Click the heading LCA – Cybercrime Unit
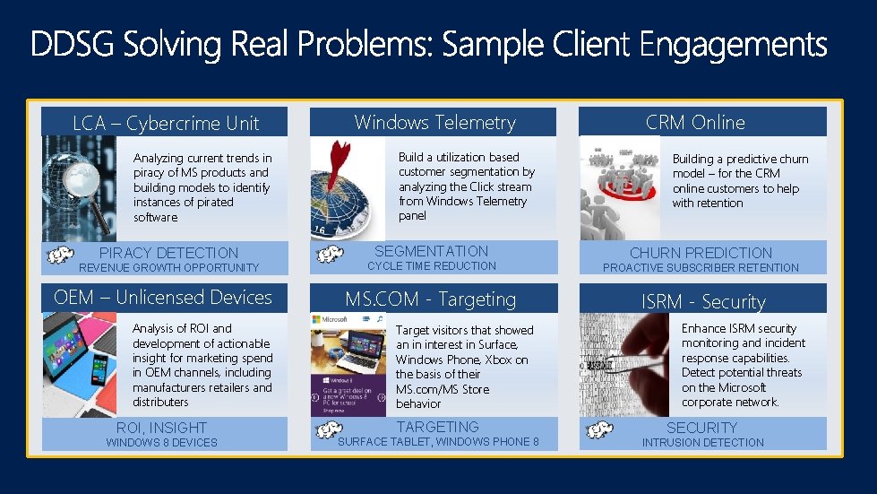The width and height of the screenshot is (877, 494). [x=166, y=124]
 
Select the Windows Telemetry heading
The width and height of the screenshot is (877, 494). [x=434, y=122]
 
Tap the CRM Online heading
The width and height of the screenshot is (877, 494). [x=695, y=122]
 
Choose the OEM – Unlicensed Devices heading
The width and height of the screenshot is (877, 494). [x=163, y=298]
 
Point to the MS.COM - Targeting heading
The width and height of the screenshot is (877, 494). [x=431, y=299]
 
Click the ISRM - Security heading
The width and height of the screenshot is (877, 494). [x=703, y=301]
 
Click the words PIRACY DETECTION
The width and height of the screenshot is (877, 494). [x=168, y=253]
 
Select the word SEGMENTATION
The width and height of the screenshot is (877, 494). [x=431, y=251]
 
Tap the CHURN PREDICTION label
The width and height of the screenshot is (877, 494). [x=701, y=253]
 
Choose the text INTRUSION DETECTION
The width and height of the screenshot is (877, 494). [x=702, y=443]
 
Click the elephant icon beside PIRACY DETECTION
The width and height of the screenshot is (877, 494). [x=60, y=256]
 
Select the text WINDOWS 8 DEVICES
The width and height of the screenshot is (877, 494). [x=161, y=443]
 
